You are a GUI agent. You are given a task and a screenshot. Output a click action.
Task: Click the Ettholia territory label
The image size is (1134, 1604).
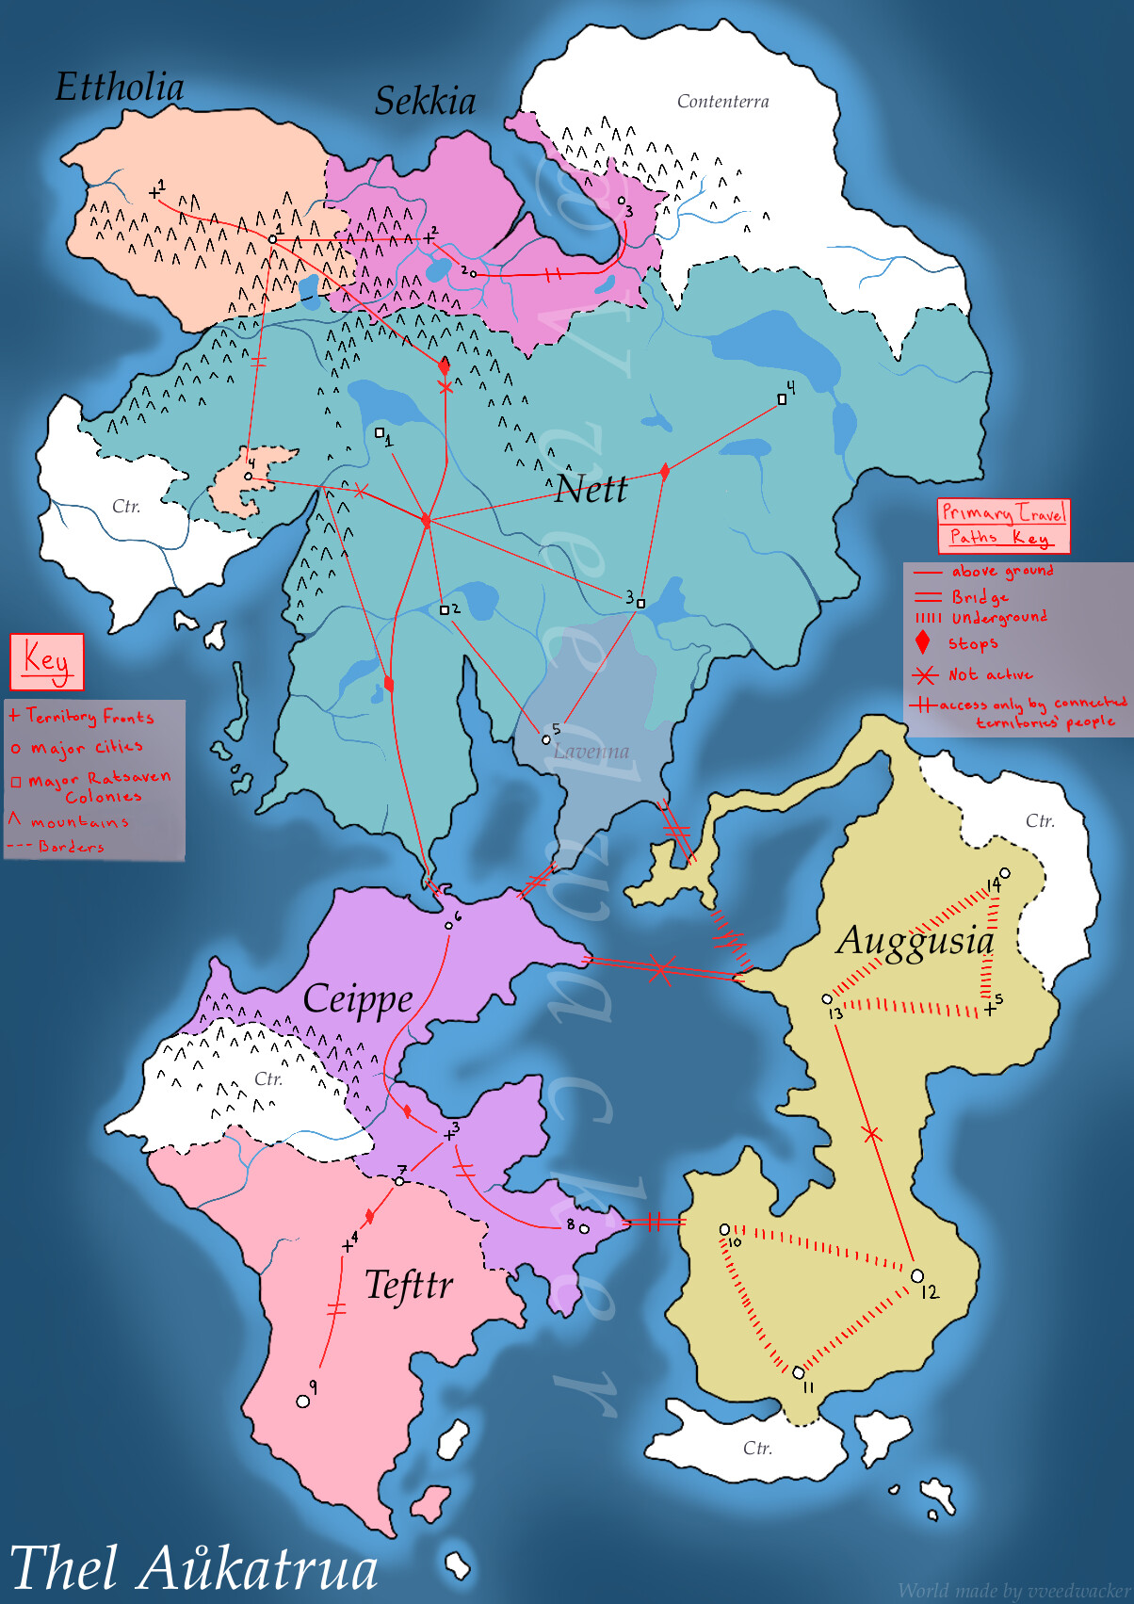click(120, 87)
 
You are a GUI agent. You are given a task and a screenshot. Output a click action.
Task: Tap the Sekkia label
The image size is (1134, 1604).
click(425, 101)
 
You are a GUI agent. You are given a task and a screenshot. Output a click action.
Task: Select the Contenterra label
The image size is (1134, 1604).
click(722, 101)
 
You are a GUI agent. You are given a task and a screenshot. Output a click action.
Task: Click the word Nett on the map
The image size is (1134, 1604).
click(591, 489)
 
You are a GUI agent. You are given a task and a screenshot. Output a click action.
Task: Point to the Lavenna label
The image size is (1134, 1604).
click(591, 752)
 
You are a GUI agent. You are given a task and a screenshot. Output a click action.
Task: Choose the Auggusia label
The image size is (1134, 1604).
click(915, 941)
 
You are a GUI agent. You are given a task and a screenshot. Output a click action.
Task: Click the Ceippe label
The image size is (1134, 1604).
click(358, 999)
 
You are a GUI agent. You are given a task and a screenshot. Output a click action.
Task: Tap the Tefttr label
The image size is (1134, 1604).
click(409, 1285)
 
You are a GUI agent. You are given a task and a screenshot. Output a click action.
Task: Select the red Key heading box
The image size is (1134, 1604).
click(46, 660)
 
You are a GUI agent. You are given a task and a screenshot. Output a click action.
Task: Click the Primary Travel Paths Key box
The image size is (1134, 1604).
click(1004, 525)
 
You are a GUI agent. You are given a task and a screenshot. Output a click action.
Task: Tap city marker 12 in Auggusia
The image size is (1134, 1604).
click(917, 1276)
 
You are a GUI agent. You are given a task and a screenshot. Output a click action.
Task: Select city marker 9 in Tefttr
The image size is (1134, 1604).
click(303, 1401)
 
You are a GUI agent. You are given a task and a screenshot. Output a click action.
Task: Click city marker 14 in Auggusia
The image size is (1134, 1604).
click(1005, 873)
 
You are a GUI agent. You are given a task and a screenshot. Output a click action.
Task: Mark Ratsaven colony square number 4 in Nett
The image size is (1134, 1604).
click(782, 399)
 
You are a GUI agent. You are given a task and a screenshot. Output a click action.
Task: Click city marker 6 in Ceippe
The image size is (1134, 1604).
click(448, 926)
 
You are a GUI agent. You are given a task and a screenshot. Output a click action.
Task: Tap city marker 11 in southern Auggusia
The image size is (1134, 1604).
click(798, 1372)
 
